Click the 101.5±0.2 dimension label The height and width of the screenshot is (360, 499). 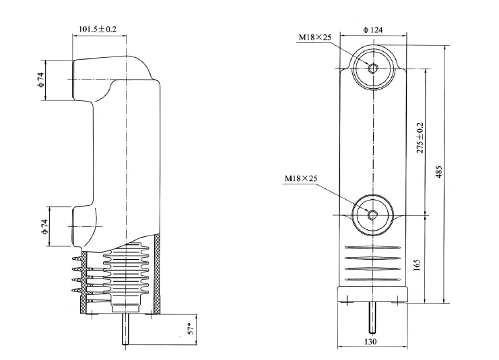(x=98, y=30)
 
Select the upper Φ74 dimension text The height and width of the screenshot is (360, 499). (x=41, y=80)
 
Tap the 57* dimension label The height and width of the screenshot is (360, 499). (x=191, y=330)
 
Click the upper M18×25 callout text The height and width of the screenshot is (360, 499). (x=315, y=38)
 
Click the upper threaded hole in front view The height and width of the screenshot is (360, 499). (x=373, y=67)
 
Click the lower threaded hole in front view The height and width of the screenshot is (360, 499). (x=373, y=214)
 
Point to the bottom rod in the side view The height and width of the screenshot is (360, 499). (x=125, y=330)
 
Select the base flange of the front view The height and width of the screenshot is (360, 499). (x=372, y=295)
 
